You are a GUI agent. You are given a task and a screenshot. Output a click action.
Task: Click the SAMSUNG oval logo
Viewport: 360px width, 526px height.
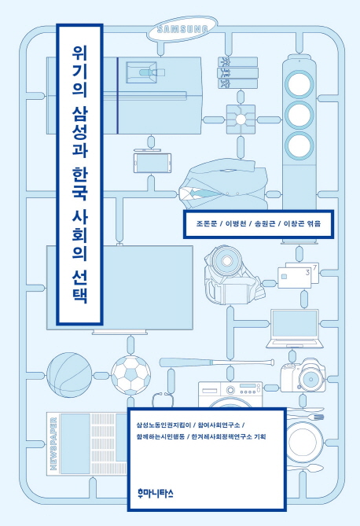pos(182,29)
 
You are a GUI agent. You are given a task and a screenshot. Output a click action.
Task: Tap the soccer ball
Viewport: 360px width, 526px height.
pos(130,375)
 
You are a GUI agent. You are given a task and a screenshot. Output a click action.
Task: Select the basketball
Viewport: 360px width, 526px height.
pos(69,375)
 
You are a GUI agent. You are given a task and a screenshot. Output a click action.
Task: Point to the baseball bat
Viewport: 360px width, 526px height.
pos(217,362)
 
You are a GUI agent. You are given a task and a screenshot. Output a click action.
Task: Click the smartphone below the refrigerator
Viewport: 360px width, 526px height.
pos(152,163)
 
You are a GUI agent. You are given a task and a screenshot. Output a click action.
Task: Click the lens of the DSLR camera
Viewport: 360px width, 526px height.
pos(311,380)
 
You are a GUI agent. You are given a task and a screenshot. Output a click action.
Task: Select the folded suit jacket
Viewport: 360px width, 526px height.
pos(223,186)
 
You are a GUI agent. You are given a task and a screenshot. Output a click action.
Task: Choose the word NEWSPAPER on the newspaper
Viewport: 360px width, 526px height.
pos(53,443)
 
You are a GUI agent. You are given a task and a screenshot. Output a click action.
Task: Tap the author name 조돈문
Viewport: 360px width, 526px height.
pos(207,223)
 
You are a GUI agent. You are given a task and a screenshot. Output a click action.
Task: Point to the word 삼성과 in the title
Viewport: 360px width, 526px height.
pos(79,132)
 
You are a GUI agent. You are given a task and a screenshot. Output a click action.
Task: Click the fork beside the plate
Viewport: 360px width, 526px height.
pos(305,417)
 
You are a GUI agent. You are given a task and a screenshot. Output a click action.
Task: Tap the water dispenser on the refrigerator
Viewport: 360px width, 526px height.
pos(141,72)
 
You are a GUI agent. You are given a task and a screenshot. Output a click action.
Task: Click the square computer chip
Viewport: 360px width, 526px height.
pos(241,119)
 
